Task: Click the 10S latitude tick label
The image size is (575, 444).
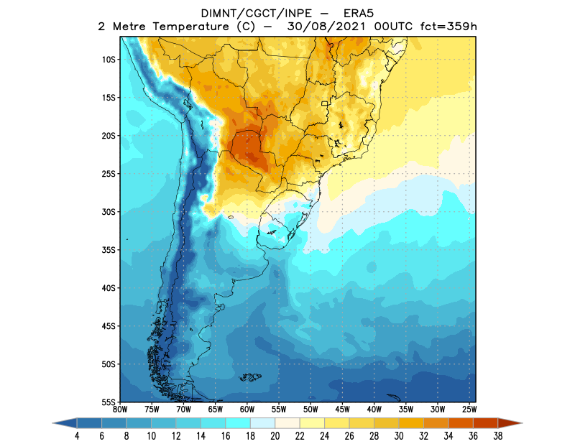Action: click(x=109, y=59)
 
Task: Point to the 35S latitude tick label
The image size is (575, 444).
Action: click(x=109, y=250)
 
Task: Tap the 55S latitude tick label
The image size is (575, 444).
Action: click(x=109, y=402)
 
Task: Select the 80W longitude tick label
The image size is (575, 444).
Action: click(x=120, y=409)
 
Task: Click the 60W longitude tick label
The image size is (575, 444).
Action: click(x=247, y=409)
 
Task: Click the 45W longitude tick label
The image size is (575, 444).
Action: click(x=341, y=409)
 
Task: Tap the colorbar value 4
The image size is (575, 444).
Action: click(x=76, y=435)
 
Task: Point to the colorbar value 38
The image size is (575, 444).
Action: click(x=497, y=435)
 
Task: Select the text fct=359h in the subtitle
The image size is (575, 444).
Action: click(x=447, y=27)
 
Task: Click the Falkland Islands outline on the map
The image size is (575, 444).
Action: click(x=250, y=377)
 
